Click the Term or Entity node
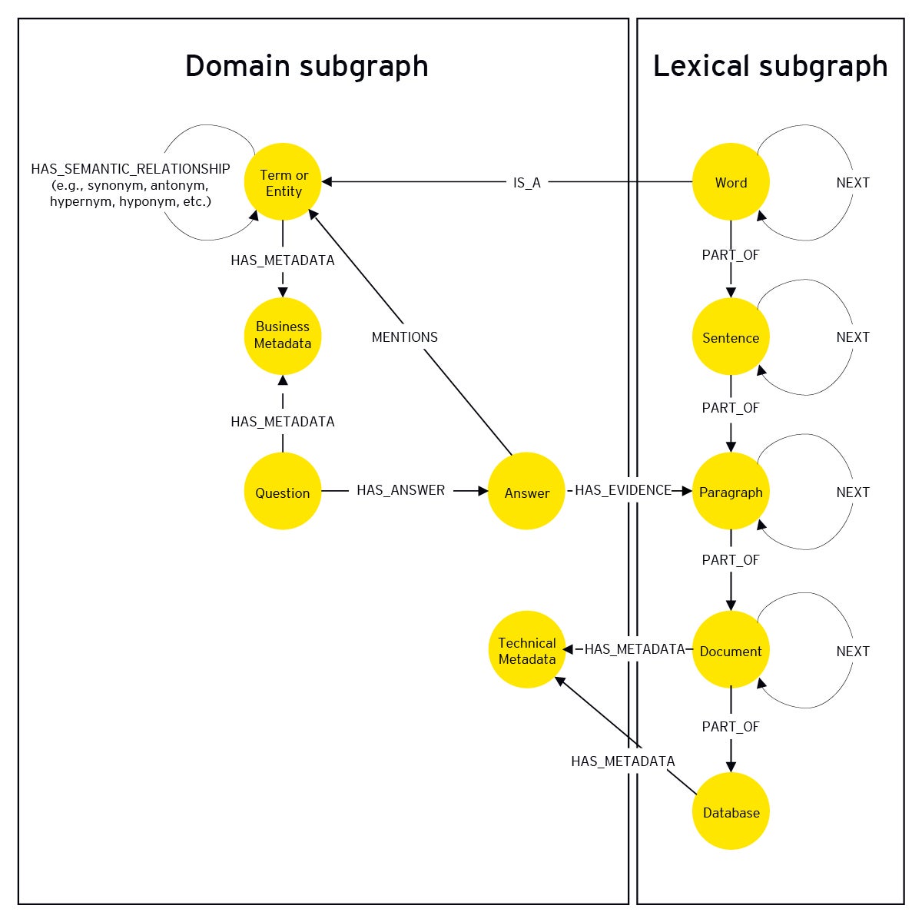[x=283, y=183]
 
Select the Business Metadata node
[x=283, y=336]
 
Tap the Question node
[x=283, y=492]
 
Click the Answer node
[x=526, y=492]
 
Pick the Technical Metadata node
[x=526, y=650]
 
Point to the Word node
[x=730, y=183]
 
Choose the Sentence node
[x=730, y=337]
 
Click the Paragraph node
[x=730, y=492]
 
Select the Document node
[x=730, y=650]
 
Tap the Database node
[x=730, y=811]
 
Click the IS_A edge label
[x=526, y=183]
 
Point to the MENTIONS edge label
[x=404, y=337]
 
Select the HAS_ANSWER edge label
[x=400, y=490]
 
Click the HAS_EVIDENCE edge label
[x=622, y=490]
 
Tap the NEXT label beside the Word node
[x=852, y=183]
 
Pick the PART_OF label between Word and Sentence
[x=730, y=255]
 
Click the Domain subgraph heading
[x=307, y=66]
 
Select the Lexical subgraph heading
[x=770, y=66]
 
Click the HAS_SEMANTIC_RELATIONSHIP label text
[x=131, y=169]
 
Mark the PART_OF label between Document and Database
[x=730, y=727]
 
